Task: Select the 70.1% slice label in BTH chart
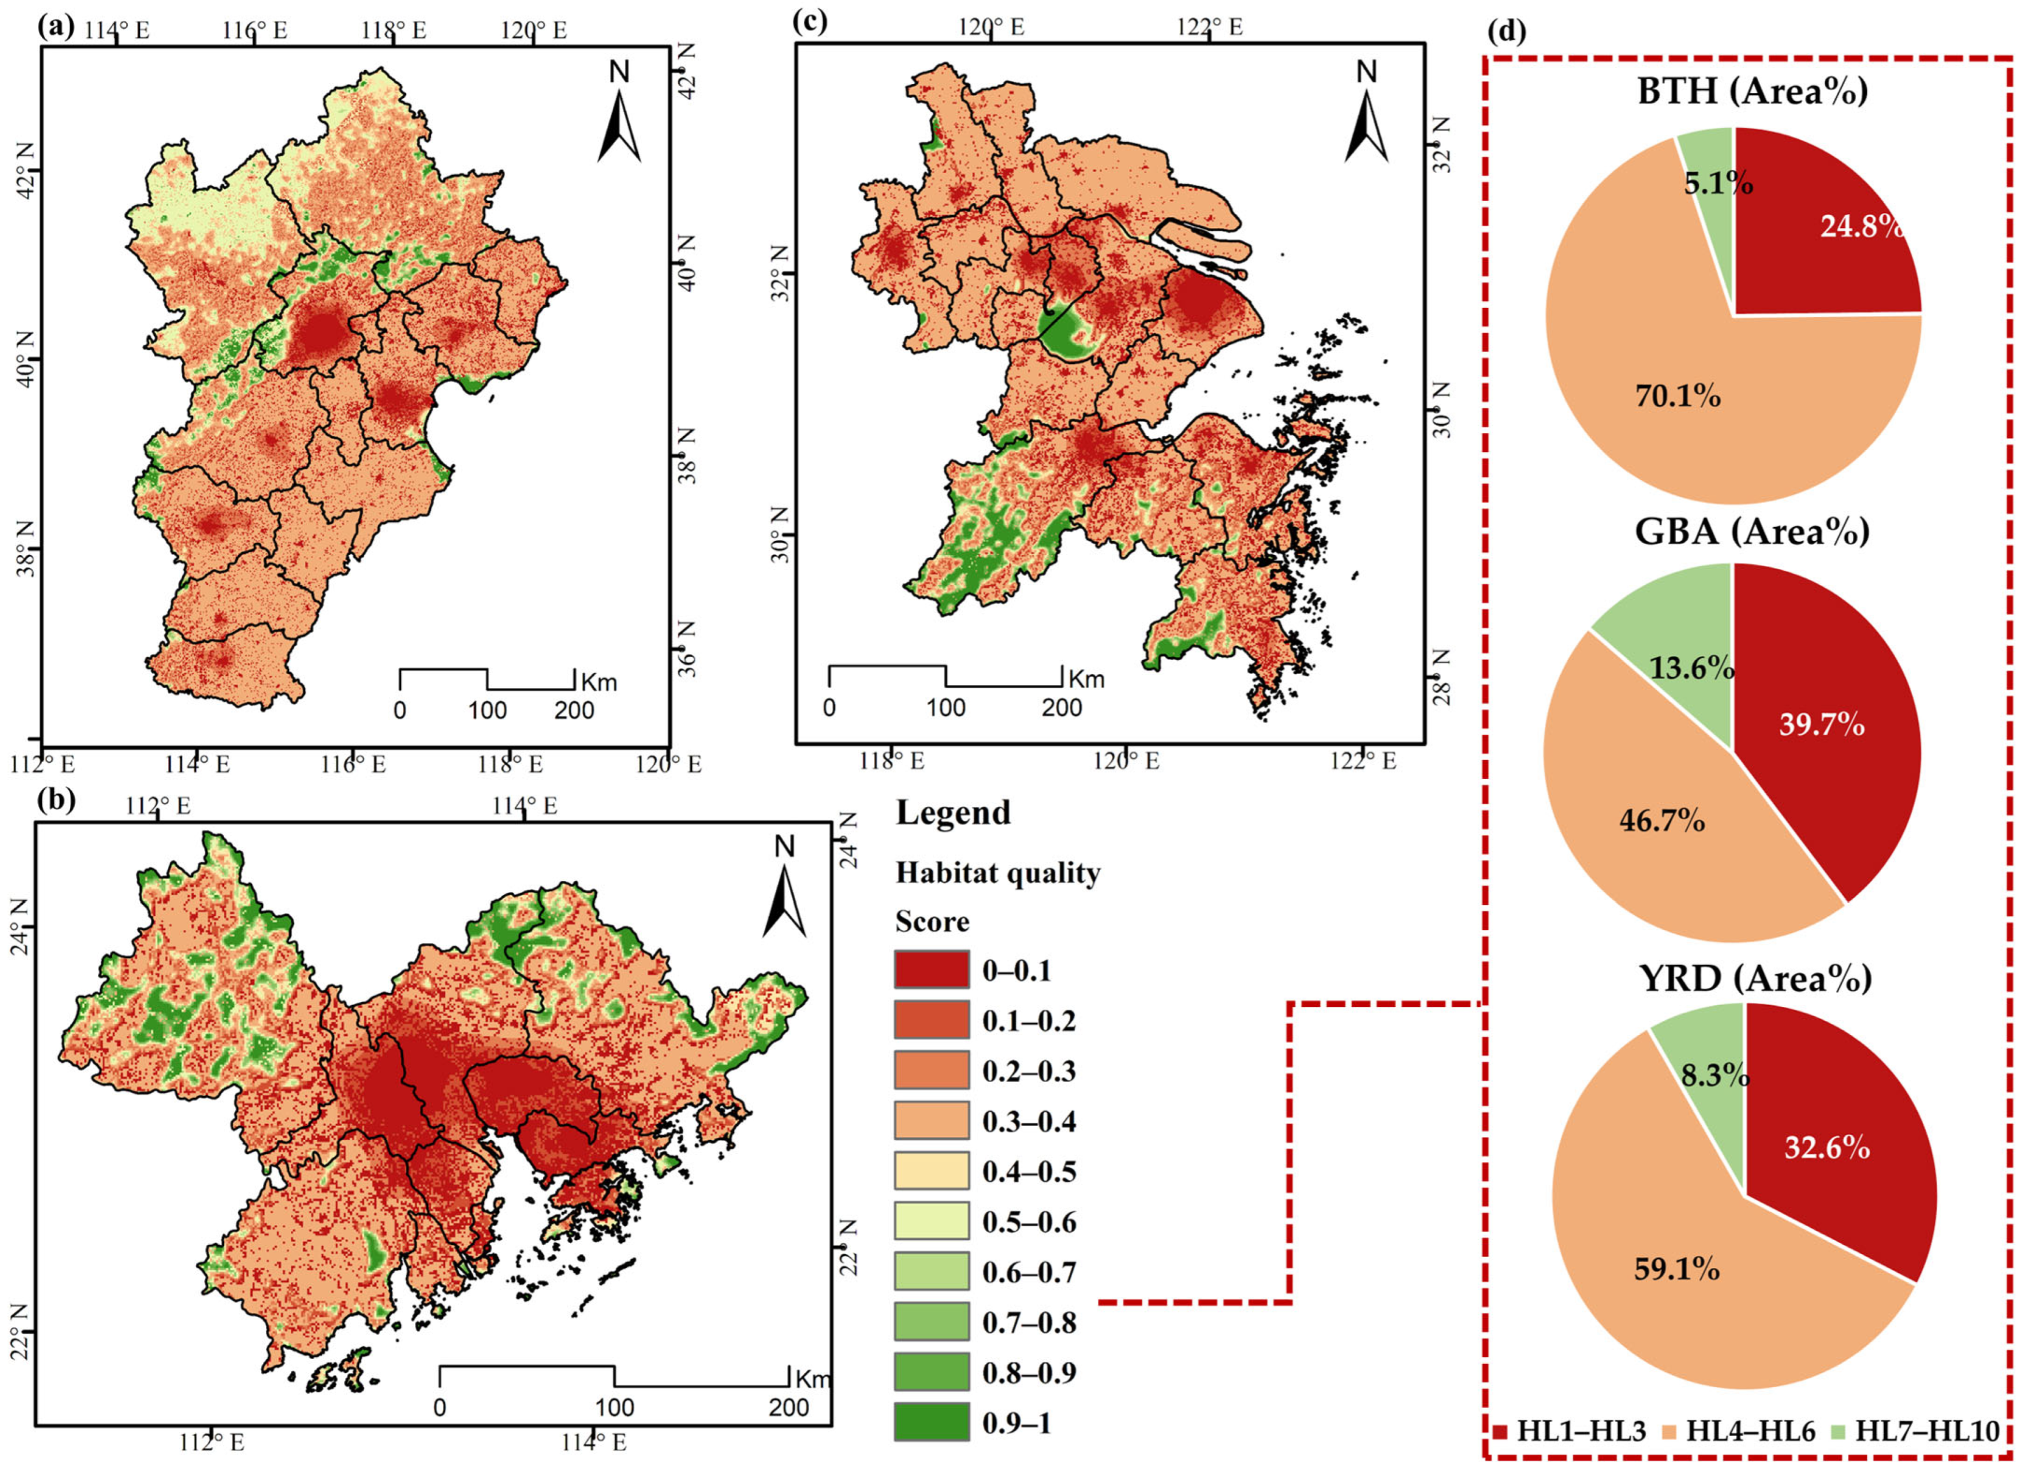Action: pos(1677,395)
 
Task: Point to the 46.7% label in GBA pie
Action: pos(1662,820)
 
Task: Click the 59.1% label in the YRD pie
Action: pos(1677,1269)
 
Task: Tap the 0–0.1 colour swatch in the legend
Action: pos(931,970)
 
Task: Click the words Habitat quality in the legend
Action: pos(998,872)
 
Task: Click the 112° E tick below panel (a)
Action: pos(43,764)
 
